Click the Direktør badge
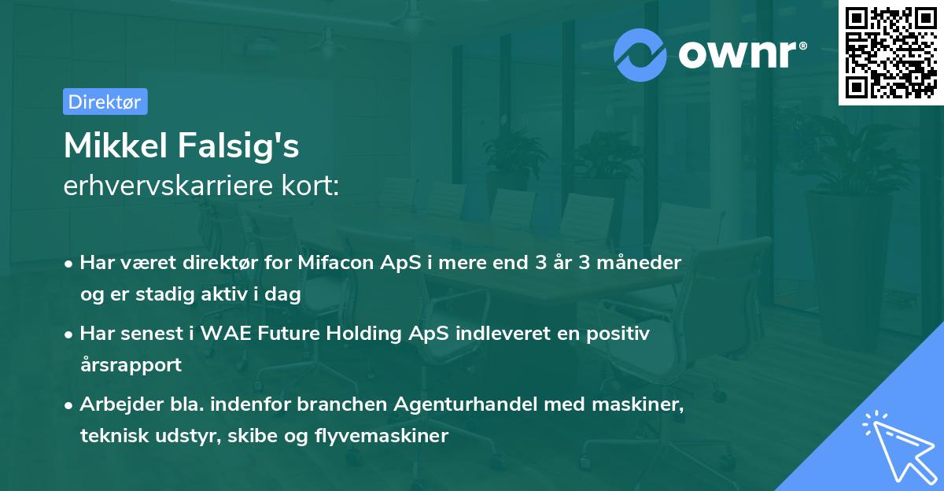[x=105, y=102]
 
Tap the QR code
[x=891, y=53]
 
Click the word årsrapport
[x=131, y=365]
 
